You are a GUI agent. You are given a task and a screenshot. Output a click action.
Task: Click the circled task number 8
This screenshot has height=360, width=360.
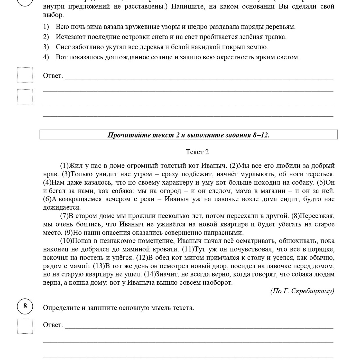pyautogui.click(x=25, y=306)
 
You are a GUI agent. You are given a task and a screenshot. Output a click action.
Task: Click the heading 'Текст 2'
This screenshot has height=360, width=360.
pyautogui.click(x=197, y=152)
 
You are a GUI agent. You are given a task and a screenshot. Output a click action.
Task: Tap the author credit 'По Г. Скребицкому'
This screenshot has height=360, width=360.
pyautogui.click(x=302, y=291)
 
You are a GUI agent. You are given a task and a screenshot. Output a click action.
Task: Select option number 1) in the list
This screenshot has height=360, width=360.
pyautogui.click(x=46, y=27)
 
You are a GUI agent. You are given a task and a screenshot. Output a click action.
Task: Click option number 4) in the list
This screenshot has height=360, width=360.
pyautogui.click(x=46, y=57)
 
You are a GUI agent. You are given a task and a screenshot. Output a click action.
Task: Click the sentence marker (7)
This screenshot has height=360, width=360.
pyautogui.click(x=64, y=216)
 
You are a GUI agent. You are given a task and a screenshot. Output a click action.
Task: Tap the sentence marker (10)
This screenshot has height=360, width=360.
pyautogui.click(x=66, y=241)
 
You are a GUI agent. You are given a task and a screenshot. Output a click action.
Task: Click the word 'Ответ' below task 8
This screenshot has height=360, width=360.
pyautogui.click(x=53, y=325)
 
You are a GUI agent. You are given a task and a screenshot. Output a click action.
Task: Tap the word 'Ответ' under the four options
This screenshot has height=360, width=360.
pyautogui.click(x=53, y=76)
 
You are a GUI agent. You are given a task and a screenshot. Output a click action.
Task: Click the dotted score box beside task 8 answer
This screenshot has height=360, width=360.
pyautogui.click(x=25, y=326)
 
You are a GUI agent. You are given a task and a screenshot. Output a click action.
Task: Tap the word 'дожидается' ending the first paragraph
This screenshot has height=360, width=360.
pyautogui.click(x=62, y=208)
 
